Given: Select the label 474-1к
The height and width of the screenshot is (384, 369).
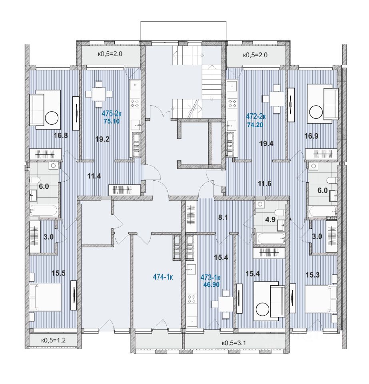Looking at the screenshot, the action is pyautogui.click(x=164, y=276).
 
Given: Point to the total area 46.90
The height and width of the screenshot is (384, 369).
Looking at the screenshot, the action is pyautogui.click(x=213, y=286).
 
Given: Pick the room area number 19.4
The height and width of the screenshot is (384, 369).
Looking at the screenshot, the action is pyautogui.click(x=266, y=144).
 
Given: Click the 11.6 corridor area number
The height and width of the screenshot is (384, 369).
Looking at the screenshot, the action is pyautogui.click(x=264, y=184).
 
